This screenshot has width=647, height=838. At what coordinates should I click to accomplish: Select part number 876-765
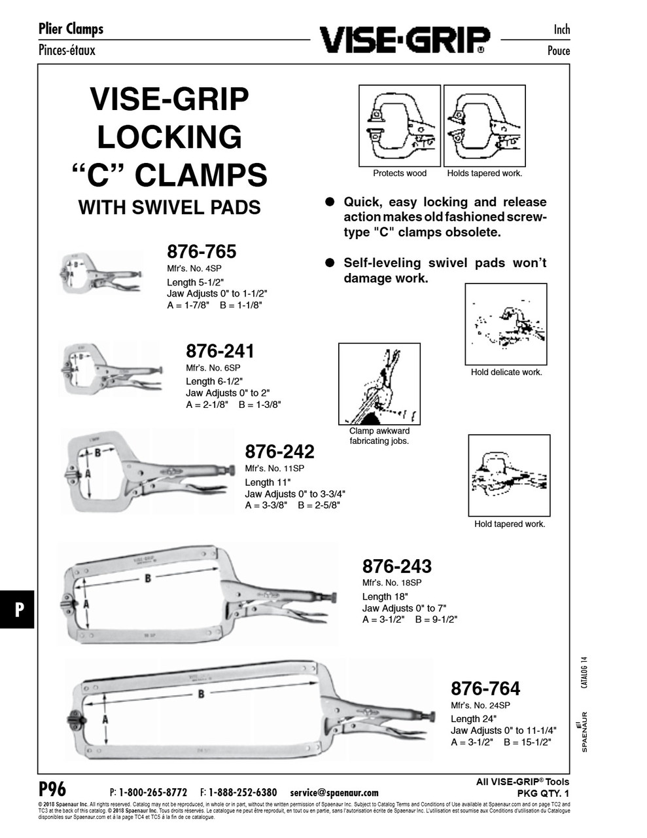tap(201, 251)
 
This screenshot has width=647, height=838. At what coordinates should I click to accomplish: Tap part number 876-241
tap(220, 351)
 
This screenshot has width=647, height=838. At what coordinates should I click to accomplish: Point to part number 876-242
tap(279, 451)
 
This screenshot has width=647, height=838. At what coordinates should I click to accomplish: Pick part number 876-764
tap(485, 688)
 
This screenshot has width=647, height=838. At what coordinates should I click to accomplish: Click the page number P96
tap(52, 788)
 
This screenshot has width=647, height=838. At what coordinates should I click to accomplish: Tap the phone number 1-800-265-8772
tap(152, 792)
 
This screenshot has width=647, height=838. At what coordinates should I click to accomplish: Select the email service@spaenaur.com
tap(334, 792)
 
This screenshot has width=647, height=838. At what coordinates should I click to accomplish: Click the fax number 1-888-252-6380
tap(243, 792)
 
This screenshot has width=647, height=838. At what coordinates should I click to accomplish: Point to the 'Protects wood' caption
tap(399, 173)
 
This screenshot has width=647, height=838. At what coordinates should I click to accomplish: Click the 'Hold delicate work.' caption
tap(506, 373)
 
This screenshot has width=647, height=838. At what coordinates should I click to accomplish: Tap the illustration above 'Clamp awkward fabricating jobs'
tap(379, 384)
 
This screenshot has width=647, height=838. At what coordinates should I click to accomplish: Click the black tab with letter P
tap(18, 609)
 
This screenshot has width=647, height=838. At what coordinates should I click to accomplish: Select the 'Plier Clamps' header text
tap(71, 29)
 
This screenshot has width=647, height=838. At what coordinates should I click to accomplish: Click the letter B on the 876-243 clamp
tap(148, 578)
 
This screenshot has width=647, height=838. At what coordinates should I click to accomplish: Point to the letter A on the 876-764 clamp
tap(105, 719)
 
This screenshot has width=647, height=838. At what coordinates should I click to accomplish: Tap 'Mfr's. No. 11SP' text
tap(274, 469)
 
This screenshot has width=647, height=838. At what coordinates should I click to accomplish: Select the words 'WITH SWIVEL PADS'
tap(169, 208)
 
